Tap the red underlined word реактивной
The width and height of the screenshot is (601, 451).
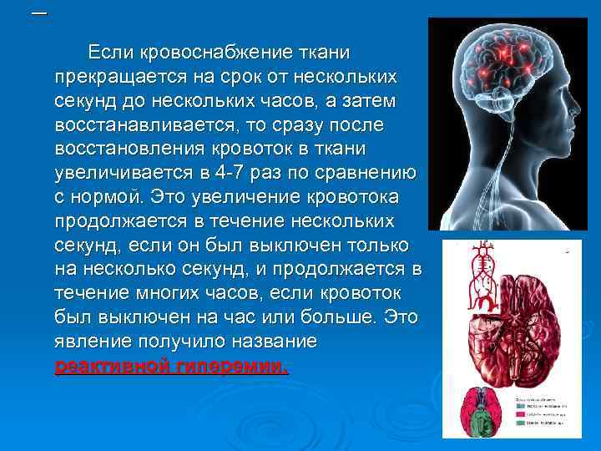pyautogui.click(x=110, y=367)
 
